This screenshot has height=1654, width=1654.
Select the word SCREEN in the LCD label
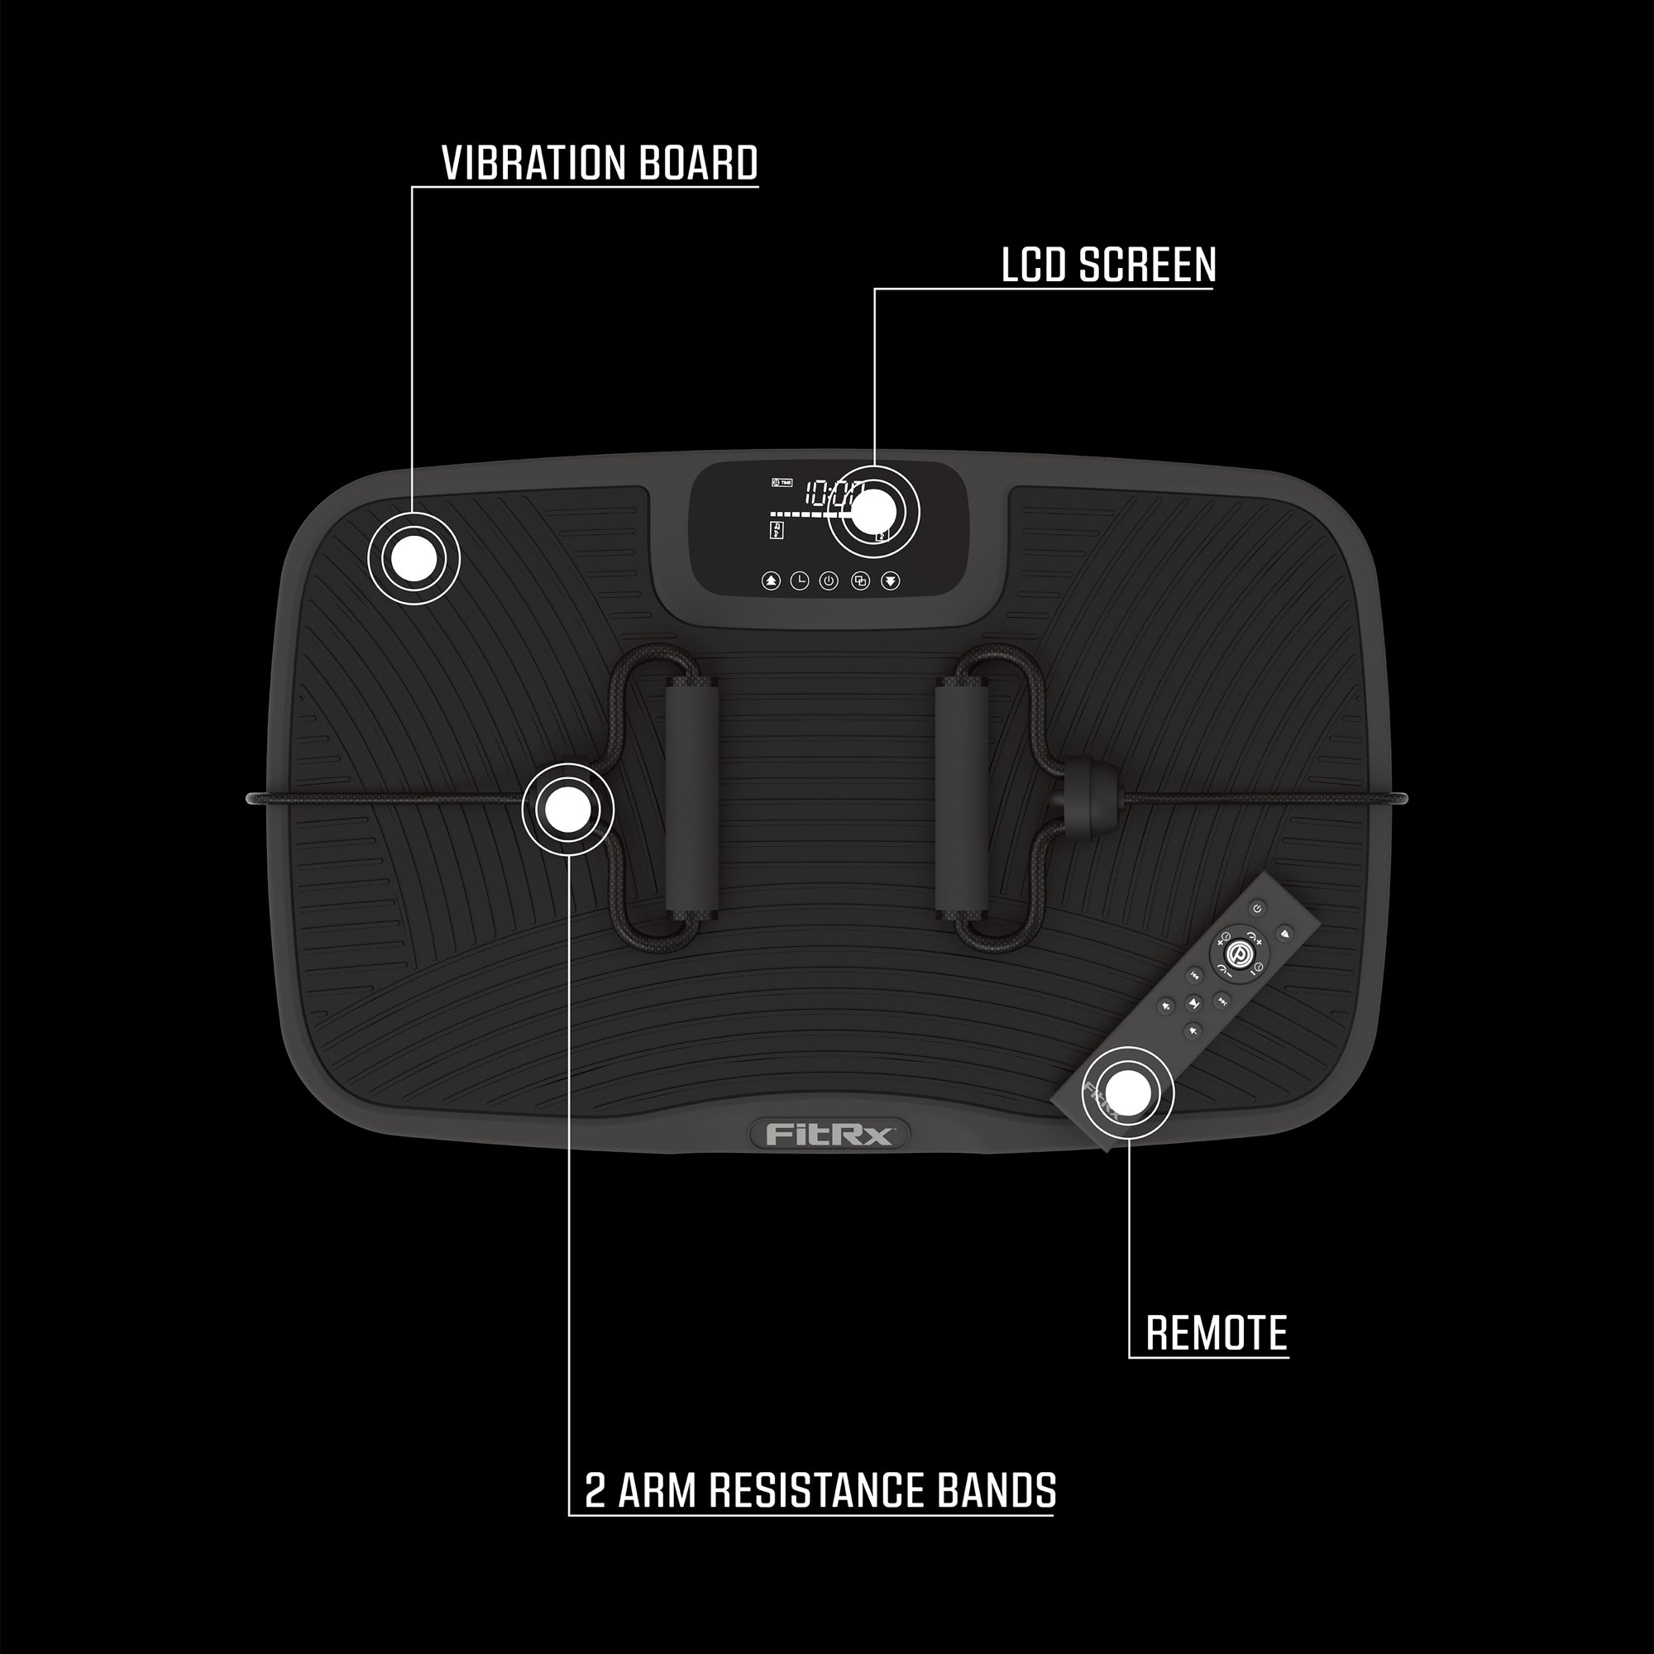pos(1147,265)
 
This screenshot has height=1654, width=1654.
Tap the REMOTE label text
pos(1216,1333)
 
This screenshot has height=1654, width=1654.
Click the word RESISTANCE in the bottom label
pos(818,1490)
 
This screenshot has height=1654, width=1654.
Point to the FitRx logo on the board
pos(829,1135)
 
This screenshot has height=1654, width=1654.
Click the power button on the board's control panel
pos(828,581)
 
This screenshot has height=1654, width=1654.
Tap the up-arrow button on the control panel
pos(772,581)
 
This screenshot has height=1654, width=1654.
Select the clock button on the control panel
pos(799,581)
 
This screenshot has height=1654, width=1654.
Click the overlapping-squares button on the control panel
pos(860,581)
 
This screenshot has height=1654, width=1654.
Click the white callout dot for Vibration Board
pos(413,558)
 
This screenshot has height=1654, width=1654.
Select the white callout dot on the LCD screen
pos(873,513)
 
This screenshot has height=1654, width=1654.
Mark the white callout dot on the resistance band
pos(567,810)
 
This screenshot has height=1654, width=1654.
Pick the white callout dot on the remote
pos(1127,1092)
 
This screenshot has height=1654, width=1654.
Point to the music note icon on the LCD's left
pos(777,530)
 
